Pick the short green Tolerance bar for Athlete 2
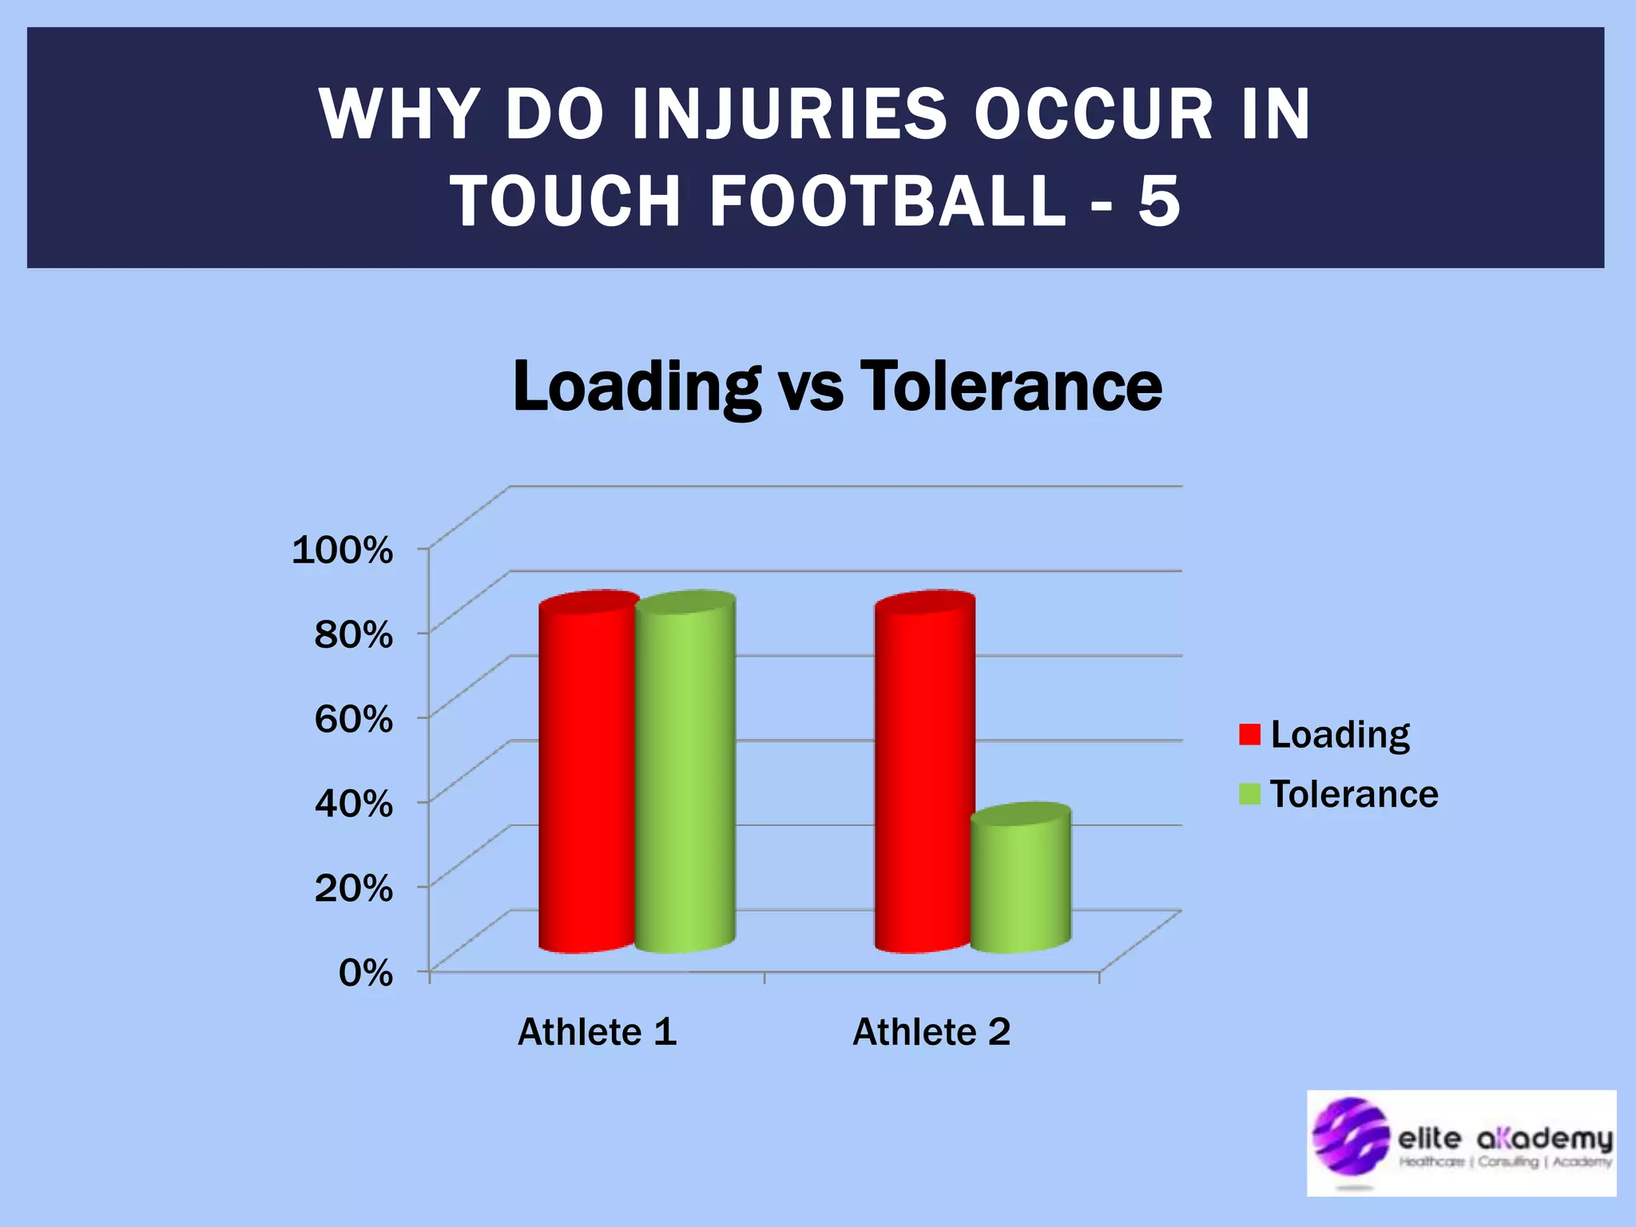[x=1021, y=883]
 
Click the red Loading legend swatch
[x=1249, y=734]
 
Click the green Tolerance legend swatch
[x=1249, y=794]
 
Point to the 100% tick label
[x=343, y=550]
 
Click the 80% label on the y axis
[x=353, y=634]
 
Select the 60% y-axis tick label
[x=353, y=719]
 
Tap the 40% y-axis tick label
[x=353, y=803]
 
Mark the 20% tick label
[x=353, y=887]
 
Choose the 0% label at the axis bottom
[x=365, y=973]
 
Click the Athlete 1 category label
[x=597, y=1031]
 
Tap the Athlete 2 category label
[x=931, y=1031]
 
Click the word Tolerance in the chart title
[x=1011, y=387]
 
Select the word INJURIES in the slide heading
[x=788, y=114]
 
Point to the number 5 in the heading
[x=1159, y=201]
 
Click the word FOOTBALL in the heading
[x=887, y=201]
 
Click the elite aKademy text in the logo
[x=1505, y=1138]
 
